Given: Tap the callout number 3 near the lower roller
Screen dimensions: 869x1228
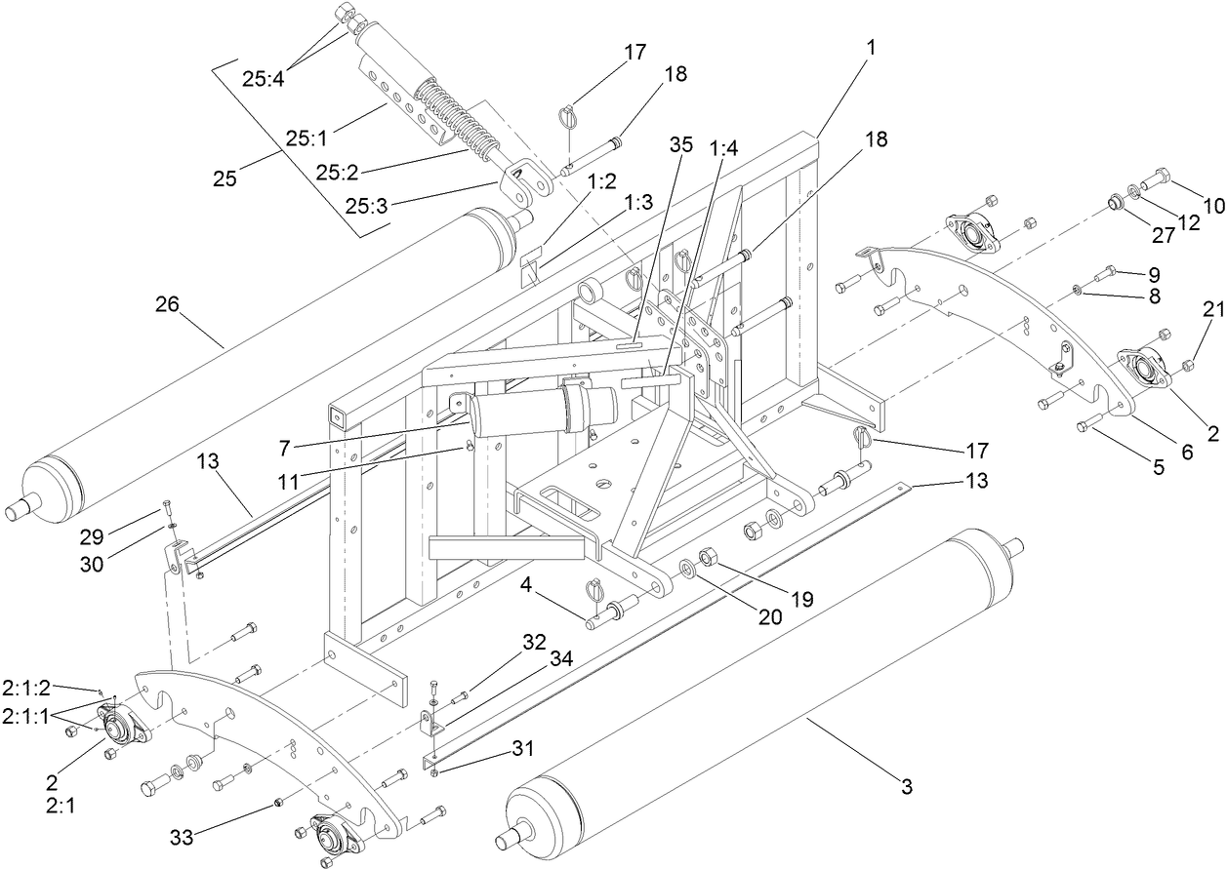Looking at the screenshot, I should (907, 786).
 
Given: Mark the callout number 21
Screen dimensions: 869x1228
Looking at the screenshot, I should (1185, 309).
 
